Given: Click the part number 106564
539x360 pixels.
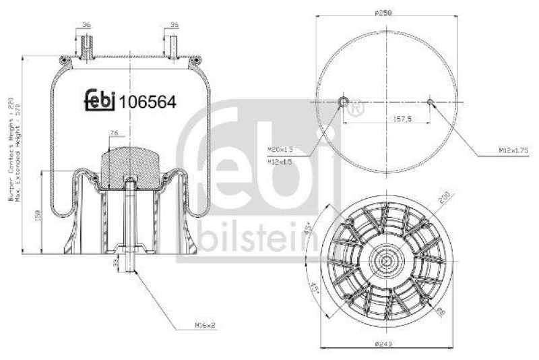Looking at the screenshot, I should tap(148, 102).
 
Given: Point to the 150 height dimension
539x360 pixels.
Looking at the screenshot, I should tap(38, 214).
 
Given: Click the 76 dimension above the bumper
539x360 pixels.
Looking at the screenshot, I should tap(115, 133).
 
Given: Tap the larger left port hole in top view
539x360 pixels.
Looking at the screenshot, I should tap(343, 102).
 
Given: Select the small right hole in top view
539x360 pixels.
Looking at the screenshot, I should tap(430, 102).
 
